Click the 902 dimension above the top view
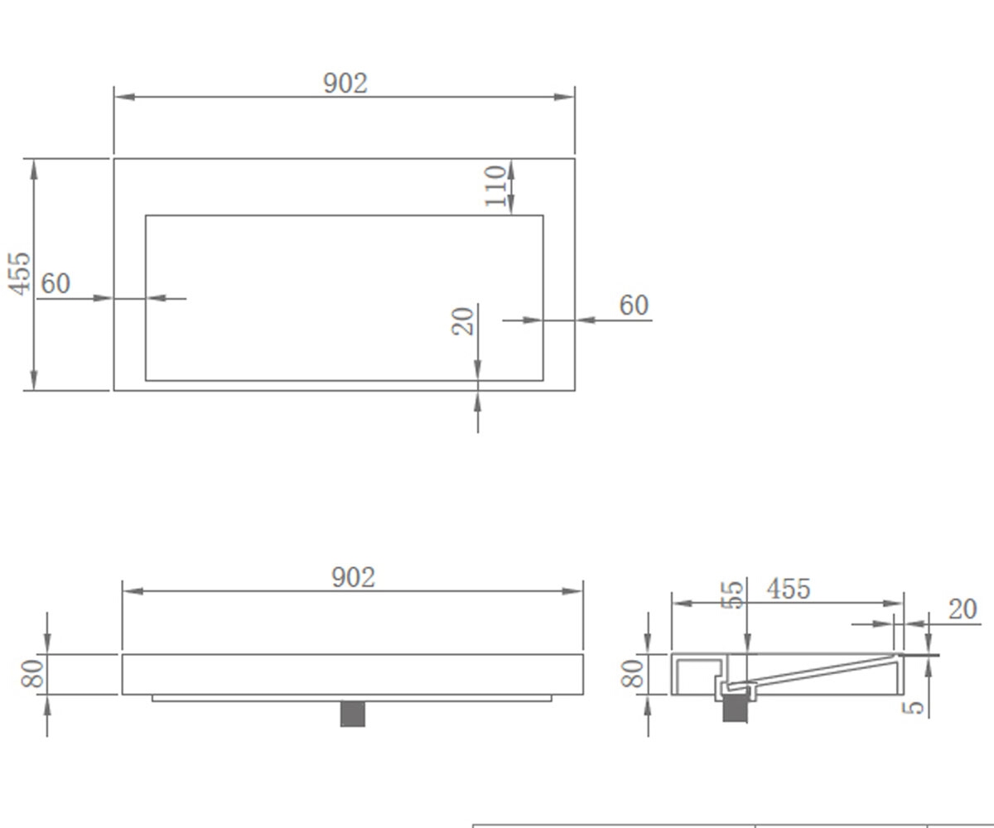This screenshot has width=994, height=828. (345, 84)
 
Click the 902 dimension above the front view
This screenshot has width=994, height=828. (353, 577)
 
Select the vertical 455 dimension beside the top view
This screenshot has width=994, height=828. (20, 274)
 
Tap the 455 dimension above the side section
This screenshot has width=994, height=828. (789, 589)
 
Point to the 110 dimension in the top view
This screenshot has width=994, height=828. (495, 186)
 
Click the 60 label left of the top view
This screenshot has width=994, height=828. (55, 284)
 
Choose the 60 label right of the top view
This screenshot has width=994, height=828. (634, 305)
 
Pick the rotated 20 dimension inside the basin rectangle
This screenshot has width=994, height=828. (463, 322)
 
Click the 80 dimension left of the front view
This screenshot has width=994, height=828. (33, 673)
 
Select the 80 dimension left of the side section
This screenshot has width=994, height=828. (633, 673)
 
